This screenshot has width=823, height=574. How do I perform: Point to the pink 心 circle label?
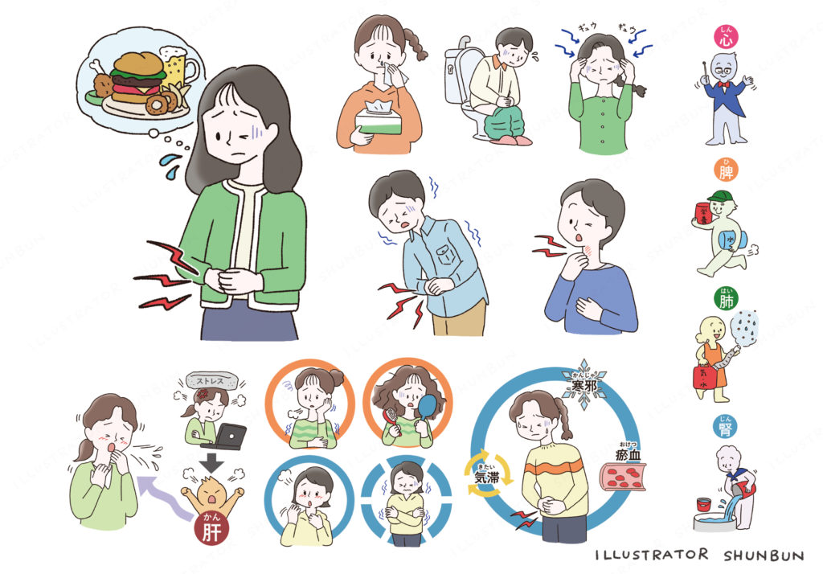tap(726, 35)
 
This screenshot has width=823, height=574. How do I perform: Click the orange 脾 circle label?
tap(726, 170)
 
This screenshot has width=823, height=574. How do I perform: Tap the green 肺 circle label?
tap(727, 300)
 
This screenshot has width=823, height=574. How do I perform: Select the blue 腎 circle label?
tap(727, 427)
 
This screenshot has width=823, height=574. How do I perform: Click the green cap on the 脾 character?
tap(718, 199)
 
